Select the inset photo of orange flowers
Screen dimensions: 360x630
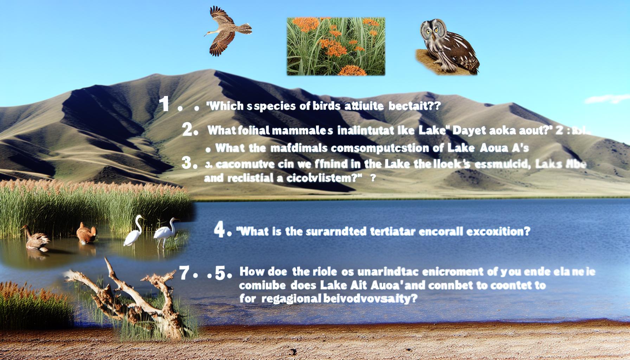pyautogui.click(x=336, y=46)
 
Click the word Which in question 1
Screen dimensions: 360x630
pyautogui.click(x=225, y=107)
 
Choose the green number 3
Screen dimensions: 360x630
pyautogui.click(x=188, y=163)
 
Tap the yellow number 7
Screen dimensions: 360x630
pyautogui.click(x=185, y=273)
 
